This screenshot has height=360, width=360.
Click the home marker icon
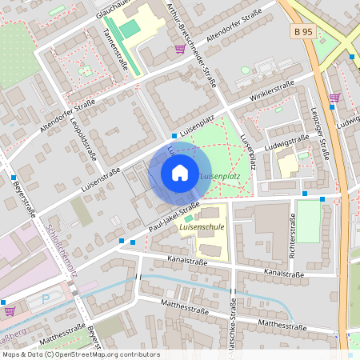(180, 172)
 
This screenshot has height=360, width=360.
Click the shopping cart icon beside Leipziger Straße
(334, 98)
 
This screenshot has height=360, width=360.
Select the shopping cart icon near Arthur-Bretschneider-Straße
(180, 49)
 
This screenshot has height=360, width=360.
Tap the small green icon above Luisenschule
(189, 218)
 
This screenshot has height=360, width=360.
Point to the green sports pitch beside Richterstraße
(308, 220)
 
